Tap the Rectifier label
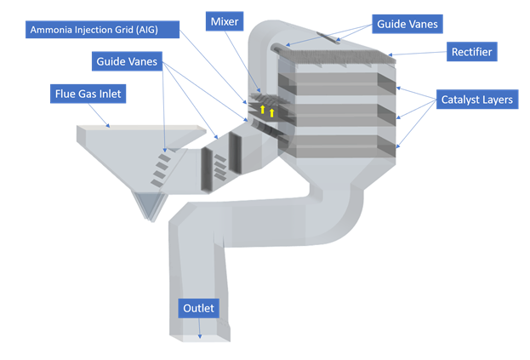pos(470,53)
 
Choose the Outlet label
pos(198,307)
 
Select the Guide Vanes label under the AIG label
pos(125,61)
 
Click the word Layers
pos(499,100)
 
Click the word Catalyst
pos(459,100)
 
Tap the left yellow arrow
pos(262,109)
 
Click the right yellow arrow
pos(271,112)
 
